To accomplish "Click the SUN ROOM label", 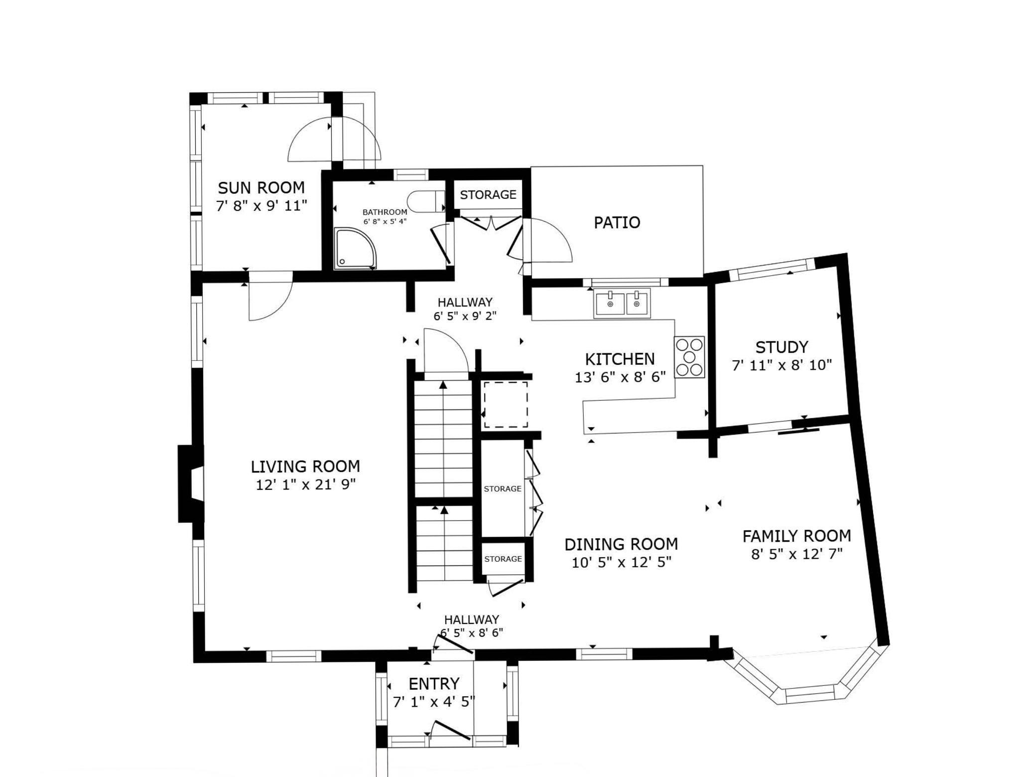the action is click(261, 188).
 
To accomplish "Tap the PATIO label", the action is click(617, 222).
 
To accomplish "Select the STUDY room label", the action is click(781, 347).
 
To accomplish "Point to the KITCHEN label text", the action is click(620, 359).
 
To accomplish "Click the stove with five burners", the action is click(689, 357).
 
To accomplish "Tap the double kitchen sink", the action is click(623, 303).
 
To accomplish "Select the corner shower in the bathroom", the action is click(355, 248).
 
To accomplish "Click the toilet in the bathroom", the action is click(426, 201).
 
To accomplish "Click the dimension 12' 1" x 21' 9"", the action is click(306, 484).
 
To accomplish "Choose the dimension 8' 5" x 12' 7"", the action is click(797, 554).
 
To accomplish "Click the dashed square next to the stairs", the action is click(506, 404).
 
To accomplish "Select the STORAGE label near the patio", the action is click(488, 194).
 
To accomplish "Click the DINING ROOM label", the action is click(621, 544).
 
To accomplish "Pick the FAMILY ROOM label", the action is click(797, 536).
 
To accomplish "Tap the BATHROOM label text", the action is click(385, 212).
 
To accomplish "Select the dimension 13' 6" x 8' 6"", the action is click(620, 377).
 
